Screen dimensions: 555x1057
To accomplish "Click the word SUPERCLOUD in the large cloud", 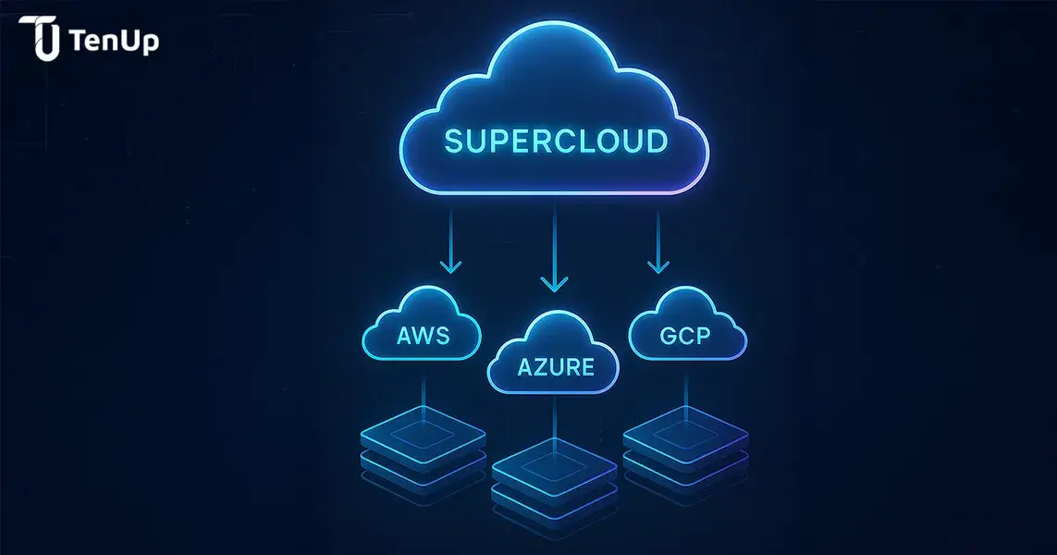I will (x=555, y=142).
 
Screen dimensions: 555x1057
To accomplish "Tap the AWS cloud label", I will (x=423, y=335).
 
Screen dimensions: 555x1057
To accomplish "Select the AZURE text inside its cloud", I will (x=555, y=366).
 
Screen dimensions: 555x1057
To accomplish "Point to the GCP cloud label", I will (x=685, y=335).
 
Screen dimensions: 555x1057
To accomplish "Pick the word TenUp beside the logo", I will (x=113, y=41).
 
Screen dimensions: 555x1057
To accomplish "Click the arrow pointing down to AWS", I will (x=450, y=242).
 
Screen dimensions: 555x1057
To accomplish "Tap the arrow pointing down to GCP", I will (x=658, y=242).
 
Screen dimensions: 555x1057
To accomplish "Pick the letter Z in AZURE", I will (x=539, y=366).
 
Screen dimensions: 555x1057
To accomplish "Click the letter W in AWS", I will (x=423, y=335).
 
